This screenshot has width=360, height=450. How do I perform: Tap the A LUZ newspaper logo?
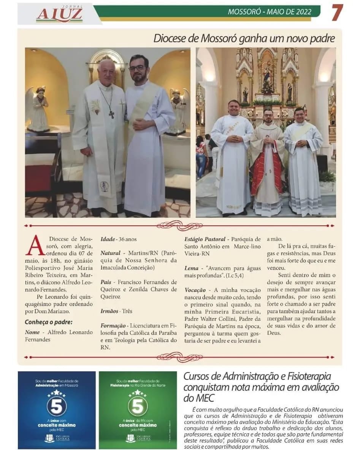59,14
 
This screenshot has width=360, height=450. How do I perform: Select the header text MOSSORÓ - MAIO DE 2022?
269,12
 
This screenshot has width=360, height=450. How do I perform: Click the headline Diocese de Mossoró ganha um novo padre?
244,38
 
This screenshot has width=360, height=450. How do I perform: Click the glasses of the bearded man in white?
138,68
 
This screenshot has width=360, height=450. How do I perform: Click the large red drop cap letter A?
35,246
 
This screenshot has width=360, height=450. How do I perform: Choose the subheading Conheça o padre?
48,323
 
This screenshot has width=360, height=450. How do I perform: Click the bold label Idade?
108,239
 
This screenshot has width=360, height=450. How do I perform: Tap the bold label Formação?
113,326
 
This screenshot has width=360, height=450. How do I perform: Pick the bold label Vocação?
195,290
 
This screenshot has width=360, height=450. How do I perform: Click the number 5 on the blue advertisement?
57,406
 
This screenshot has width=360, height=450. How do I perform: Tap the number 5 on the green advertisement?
138,406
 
